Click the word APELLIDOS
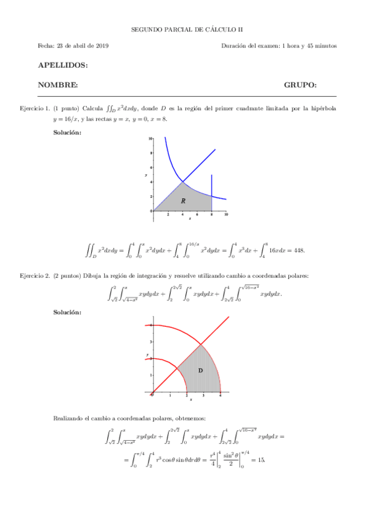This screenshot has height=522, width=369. click(62, 65)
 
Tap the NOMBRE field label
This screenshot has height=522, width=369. click(57, 84)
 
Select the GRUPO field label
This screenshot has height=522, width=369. click(300, 84)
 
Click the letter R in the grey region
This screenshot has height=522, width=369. click(183, 201)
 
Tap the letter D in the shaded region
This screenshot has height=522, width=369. click(200, 371)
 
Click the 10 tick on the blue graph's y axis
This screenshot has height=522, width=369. click(150, 139)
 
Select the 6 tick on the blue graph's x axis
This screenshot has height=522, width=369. click(198, 215)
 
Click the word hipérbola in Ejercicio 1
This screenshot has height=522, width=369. click(322, 108)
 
